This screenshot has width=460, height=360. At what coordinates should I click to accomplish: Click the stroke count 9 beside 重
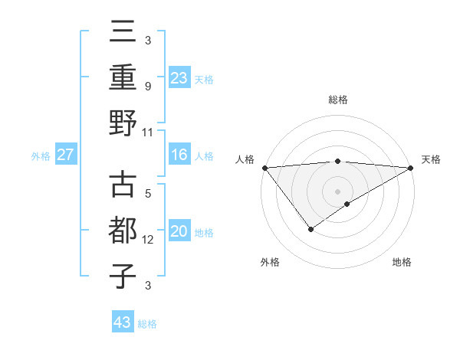tap(147, 86)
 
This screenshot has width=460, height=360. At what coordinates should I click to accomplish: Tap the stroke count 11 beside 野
tap(148, 131)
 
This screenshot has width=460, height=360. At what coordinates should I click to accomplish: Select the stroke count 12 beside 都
tap(148, 240)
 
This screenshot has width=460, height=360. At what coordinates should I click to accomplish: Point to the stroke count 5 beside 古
tap(147, 195)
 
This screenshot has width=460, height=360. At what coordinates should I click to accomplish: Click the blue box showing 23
tap(179, 77)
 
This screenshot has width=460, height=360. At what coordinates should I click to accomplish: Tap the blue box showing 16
tap(179, 155)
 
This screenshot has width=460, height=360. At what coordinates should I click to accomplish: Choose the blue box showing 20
tap(179, 232)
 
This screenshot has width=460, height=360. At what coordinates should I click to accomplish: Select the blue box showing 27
tap(65, 155)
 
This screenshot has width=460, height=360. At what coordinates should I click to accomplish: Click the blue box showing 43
tap(122, 322)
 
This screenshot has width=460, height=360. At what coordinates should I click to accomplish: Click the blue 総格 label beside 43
tap(147, 324)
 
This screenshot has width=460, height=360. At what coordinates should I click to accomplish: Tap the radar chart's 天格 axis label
tap(431, 159)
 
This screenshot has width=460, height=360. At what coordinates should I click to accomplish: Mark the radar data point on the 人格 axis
tap(264, 167)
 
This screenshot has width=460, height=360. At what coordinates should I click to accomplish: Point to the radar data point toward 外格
tap(310, 229)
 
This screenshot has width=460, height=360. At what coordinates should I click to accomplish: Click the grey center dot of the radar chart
tap(337, 190)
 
